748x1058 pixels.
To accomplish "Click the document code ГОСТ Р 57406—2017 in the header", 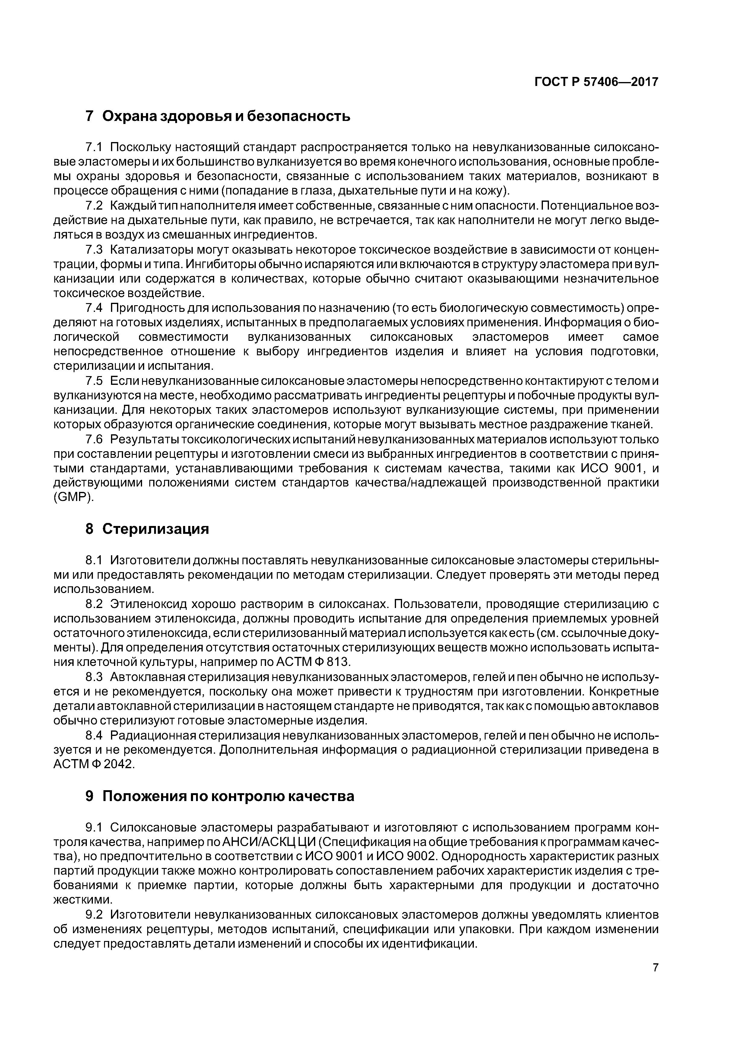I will point(596,82).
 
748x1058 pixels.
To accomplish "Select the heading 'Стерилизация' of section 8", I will point(155,529).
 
